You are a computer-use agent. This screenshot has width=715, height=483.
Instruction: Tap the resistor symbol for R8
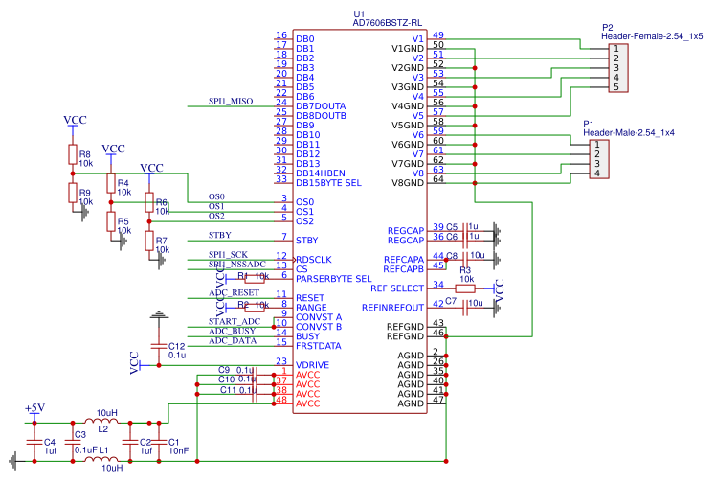(72, 155)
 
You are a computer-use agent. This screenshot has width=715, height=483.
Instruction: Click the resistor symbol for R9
(72, 193)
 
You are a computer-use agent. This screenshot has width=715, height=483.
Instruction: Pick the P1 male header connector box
(595, 158)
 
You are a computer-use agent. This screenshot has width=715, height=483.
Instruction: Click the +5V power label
(34, 409)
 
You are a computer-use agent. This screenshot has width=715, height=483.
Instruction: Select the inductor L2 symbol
(101, 422)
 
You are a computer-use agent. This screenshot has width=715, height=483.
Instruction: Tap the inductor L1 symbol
(101, 460)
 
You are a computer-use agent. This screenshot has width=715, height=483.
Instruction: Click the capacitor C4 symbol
(34, 442)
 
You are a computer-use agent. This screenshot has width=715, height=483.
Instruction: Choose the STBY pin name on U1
(307, 241)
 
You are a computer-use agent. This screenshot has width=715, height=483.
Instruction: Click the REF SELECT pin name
(396, 288)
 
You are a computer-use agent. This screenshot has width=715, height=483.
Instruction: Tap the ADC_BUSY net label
(231, 332)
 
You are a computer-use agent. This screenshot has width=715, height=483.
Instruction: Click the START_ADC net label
(234, 322)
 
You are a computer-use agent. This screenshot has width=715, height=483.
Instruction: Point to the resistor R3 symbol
(465, 287)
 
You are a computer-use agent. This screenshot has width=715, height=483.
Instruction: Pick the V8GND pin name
(407, 183)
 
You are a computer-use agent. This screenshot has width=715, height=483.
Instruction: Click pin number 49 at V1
(438, 35)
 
